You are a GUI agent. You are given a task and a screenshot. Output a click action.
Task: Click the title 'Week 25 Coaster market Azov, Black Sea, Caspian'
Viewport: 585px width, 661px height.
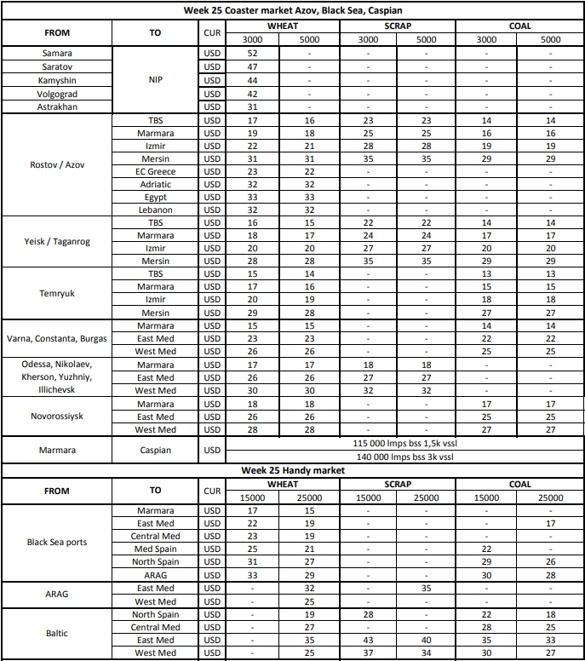[293, 11]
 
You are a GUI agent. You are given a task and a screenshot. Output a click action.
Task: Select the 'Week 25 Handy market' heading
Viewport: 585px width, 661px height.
[293, 470]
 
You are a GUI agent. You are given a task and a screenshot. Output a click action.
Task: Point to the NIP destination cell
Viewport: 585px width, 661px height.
[155, 80]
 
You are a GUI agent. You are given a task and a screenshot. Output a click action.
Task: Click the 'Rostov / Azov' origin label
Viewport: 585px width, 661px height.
[57, 165]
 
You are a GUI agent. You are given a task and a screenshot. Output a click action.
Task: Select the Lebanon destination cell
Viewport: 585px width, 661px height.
[155, 210]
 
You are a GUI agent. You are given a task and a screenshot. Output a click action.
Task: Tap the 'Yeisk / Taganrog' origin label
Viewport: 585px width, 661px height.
[57, 242]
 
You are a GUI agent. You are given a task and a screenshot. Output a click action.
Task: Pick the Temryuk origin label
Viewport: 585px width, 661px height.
[57, 293]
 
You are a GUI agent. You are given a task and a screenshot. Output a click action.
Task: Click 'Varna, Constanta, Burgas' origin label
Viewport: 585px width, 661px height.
[57, 338]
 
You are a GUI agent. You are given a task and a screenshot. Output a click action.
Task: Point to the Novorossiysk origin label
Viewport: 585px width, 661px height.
[57, 417]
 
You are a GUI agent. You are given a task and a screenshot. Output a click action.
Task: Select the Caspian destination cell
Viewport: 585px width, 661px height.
[155, 450]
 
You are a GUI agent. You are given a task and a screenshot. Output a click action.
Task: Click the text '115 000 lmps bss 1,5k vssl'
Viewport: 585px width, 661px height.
[403, 444]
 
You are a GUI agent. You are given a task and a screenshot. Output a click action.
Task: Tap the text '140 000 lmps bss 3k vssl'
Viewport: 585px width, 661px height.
[403, 457]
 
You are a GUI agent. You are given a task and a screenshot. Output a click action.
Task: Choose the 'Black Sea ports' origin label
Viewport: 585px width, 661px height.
[57, 543]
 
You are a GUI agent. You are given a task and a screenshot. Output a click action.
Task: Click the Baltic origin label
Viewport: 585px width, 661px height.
[57, 633]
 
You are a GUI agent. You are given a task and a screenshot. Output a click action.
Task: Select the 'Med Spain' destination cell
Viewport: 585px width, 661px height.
[155, 549]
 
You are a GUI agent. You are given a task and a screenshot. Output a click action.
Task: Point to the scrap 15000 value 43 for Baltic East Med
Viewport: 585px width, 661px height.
[368, 640]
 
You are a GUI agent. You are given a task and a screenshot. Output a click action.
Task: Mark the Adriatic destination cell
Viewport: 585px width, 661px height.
[155, 184]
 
